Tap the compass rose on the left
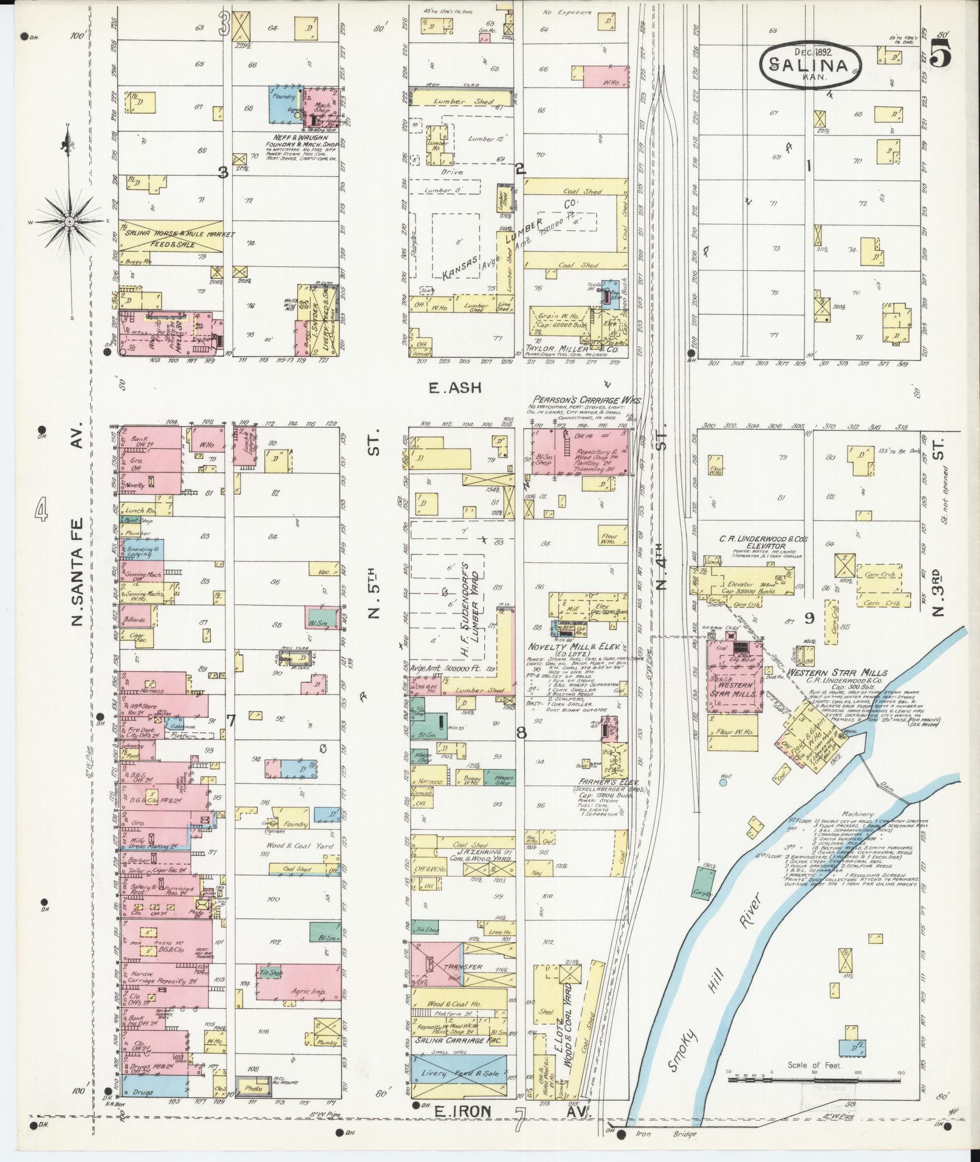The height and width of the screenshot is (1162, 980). tap(69, 222)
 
